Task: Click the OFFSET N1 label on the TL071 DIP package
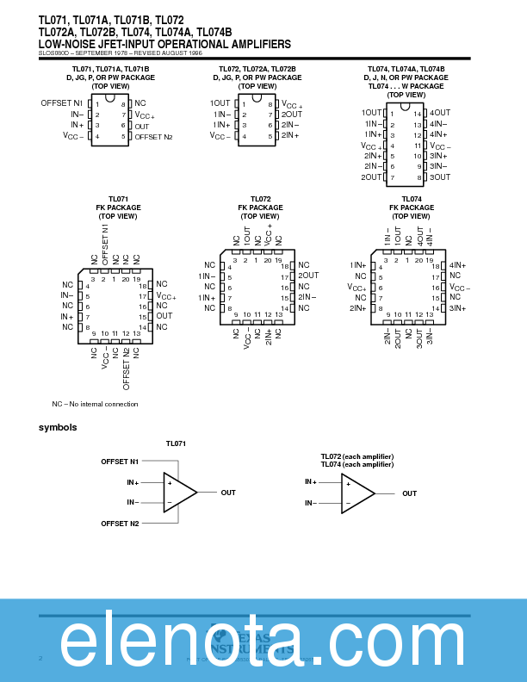tap(61, 103)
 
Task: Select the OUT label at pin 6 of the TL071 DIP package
tap(142, 126)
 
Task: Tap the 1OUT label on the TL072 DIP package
tap(220, 103)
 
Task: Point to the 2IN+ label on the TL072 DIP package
tap(290, 136)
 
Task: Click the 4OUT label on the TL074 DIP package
tap(440, 113)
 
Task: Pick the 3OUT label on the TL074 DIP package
tap(440, 177)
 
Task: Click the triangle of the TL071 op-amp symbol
tap(178, 493)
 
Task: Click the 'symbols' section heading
tap(58, 428)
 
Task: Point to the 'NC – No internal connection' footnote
tap(95, 404)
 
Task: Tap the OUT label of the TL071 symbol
tap(228, 493)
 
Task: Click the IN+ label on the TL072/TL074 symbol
tap(311, 482)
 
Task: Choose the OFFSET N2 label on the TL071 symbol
tap(120, 523)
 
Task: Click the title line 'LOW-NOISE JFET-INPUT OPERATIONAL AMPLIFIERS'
tap(164, 44)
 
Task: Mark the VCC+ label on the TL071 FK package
tap(165, 295)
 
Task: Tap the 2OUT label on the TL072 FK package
tap(308, 276)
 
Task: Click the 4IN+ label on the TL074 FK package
tap(457, 265)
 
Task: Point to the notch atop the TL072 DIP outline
tap(257, 98)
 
